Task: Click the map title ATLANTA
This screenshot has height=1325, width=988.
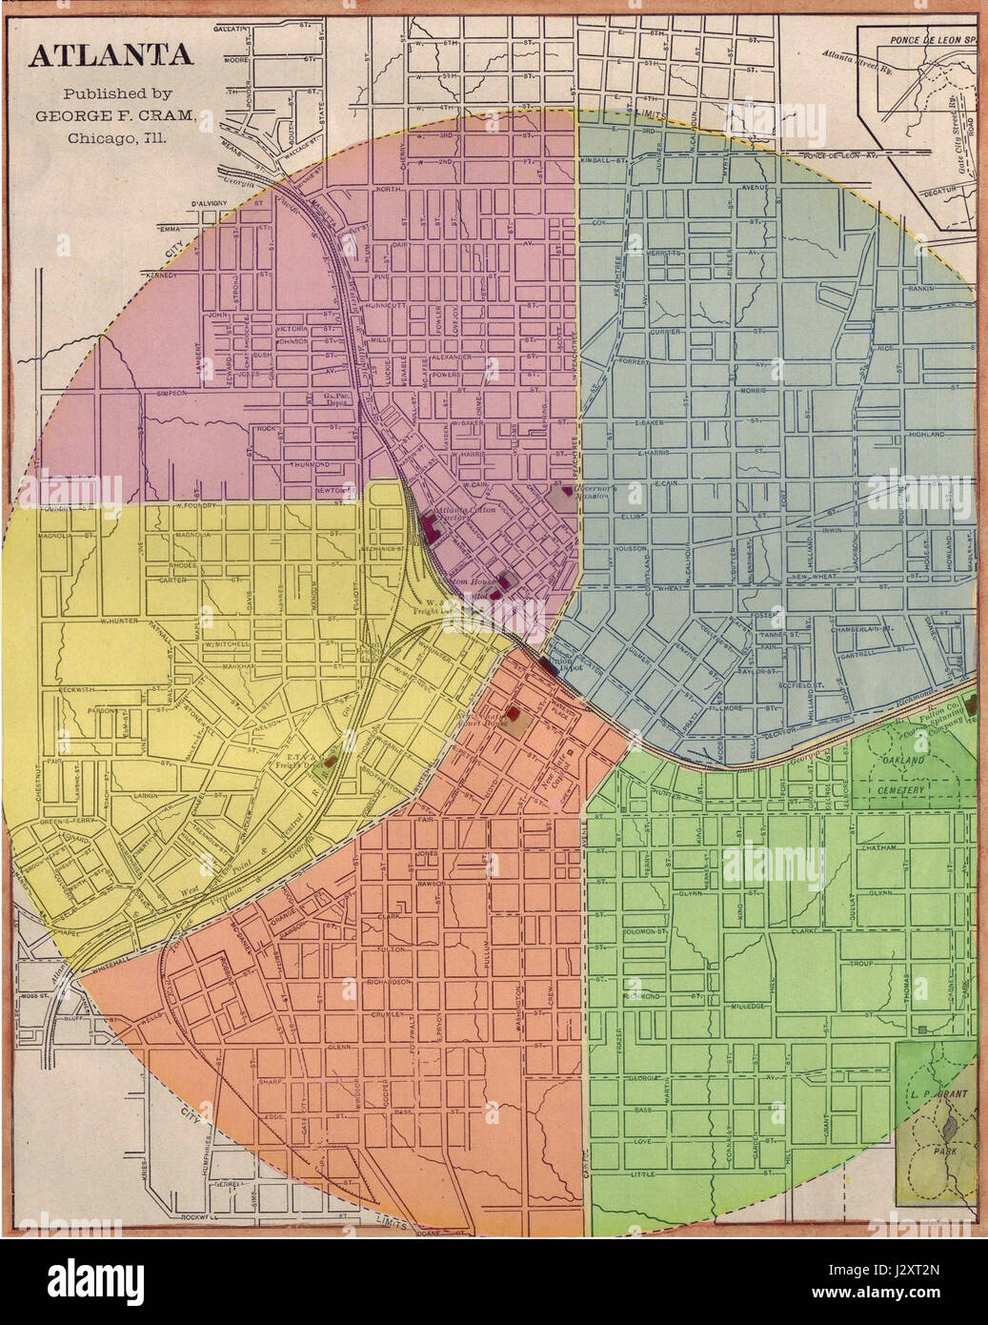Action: (x=111, y=57)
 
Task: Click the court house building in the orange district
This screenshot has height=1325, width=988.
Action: (x=514, y=712)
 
